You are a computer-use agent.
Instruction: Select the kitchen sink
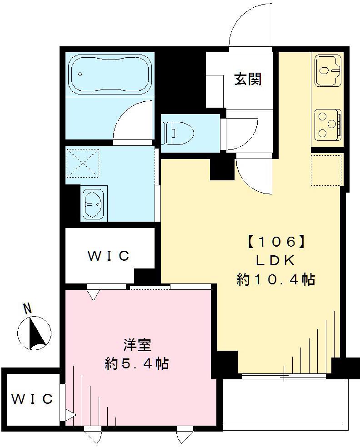[327, 70]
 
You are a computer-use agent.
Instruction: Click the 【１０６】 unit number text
[275, 241]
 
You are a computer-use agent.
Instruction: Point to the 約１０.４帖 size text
[275, 280]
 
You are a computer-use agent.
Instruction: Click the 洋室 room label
[136, 345]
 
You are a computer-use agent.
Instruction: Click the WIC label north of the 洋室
[109, 256]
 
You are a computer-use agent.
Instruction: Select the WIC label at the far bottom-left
[32, 399]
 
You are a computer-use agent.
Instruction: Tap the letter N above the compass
[28, 308]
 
